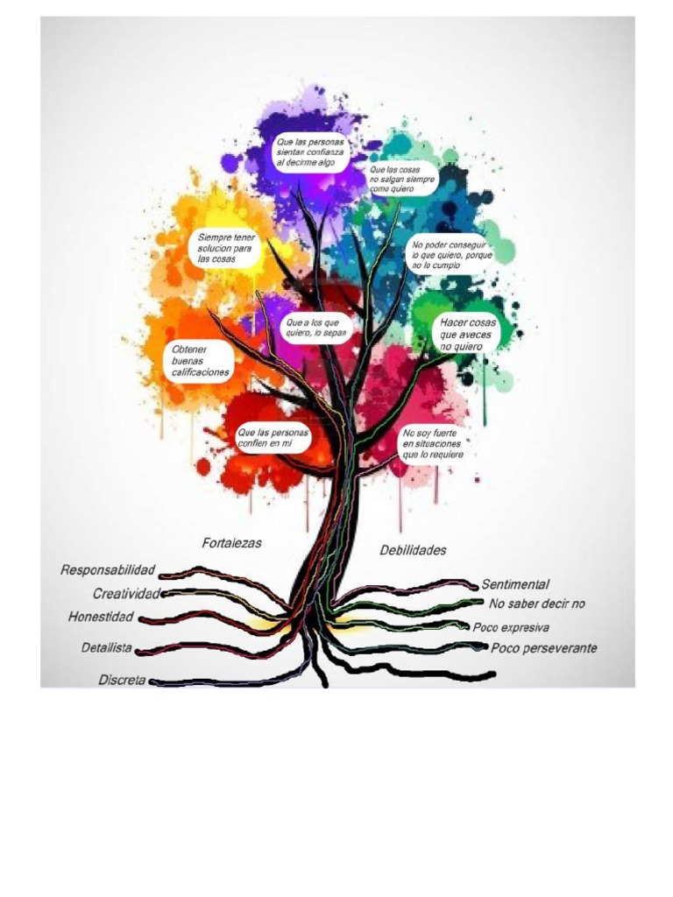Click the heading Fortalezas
231,543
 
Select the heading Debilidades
413,550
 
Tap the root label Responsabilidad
108,570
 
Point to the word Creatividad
127,594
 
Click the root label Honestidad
101,617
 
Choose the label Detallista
107,648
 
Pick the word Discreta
122,679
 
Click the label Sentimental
514,583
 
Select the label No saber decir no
536,604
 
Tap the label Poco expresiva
511,627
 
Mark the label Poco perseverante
543,648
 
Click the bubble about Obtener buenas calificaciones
201,360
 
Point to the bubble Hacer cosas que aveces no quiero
468,335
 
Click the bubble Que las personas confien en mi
273,439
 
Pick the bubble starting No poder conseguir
452,254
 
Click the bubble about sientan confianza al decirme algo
311,152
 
